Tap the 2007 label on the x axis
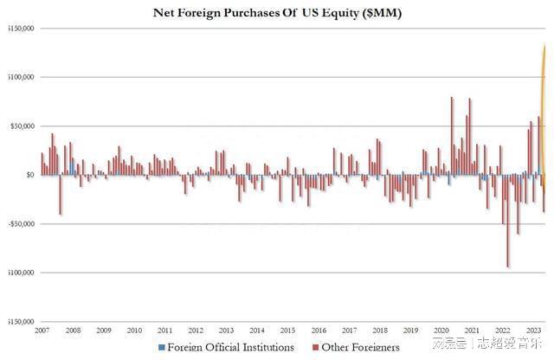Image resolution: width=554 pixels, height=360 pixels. pyautogui.click(x=42, y=331)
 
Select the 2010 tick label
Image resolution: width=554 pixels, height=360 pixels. pyautogui.click(x=134, y=331)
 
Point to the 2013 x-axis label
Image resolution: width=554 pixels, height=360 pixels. pyautogui.click(x=227, y=331)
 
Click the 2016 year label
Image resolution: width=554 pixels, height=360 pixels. pyautogui.click(x=319, y=331)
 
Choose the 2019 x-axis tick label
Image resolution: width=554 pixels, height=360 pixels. pyautogui.click(x=411, y=331)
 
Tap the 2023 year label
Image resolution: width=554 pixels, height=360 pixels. pyautogui.click(x=534, y=331)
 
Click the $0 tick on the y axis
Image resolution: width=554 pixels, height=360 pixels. pyautogui.click(x=29, y=175)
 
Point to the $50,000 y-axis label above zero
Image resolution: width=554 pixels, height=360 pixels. pyautogui.click(x=22, y=126)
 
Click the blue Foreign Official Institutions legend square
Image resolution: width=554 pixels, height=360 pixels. pyautogui.click(x=160, y=348)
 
